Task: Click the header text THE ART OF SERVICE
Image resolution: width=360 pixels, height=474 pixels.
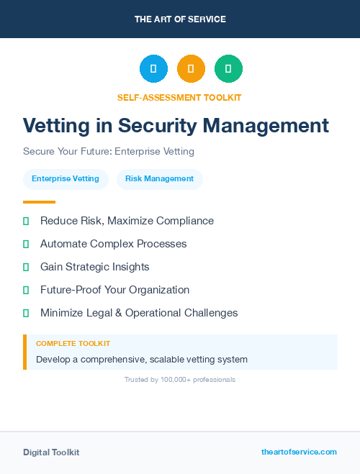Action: click(x=180, y=19)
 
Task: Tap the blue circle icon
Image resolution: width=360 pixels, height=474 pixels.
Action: click(x=153, y=69)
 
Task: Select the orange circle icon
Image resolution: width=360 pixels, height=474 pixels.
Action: click(x=191, y=69)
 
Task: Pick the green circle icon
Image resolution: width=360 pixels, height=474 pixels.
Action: click(x=229, y=69)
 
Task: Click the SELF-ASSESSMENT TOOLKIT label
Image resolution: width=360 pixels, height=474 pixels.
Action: click(x=179, y=97)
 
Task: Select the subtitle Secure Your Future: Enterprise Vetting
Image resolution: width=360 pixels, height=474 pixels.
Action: click(x=109, y=152)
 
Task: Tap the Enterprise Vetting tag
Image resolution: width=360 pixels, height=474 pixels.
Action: click(x=66, y=179)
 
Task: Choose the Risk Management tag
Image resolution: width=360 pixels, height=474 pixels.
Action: click(x=159, y=179)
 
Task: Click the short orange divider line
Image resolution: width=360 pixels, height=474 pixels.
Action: click(x=39, y=202)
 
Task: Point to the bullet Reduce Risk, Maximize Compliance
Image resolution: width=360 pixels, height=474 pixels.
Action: click(x=127, y=221)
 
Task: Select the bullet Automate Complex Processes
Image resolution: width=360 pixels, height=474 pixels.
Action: click(x=113, y=244)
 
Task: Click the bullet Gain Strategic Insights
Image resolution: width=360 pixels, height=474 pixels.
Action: click(x=94, y=267)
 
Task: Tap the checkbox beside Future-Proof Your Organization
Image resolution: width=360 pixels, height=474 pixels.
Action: click(x=26, y=290)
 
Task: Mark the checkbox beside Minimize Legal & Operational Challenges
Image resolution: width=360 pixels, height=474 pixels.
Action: click(x=26, y=313)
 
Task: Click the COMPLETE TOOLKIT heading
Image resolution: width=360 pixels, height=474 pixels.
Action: click(x=73, y=344)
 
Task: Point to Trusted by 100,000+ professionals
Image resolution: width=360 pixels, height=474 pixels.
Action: click(x=180, y=379)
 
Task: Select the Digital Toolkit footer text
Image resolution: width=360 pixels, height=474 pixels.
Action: click(x=51, y=452)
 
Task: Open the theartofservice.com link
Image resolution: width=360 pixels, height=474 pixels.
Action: click(x=299, y=452)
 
